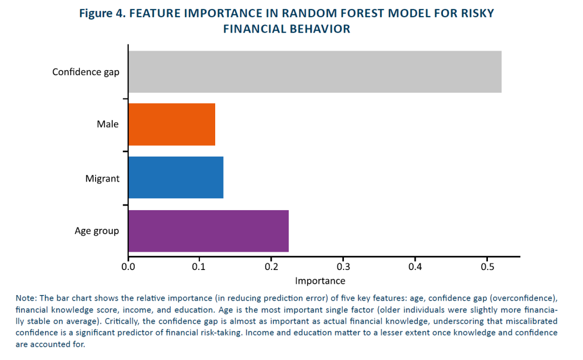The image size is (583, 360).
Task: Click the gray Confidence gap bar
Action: pyautogui.click(x=315, y=72)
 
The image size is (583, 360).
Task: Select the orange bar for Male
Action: pyautogui.click(x=172, y=124)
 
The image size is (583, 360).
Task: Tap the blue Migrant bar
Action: pyautogui.click(x=176, y=177)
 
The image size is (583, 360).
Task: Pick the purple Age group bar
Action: pyautogui.click(x=208, y=231)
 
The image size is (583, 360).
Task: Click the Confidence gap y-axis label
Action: pyautogui.click(x=86, y=72)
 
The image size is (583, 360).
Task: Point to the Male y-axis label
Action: pyautogui.click(x=108, y=124)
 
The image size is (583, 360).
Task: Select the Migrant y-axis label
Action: pyautogui.click(x=102, y=179)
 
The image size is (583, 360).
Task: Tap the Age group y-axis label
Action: pyautogui.click(x=97, y=231)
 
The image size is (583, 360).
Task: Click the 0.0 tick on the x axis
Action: pyautogui.click(x=128, y=267)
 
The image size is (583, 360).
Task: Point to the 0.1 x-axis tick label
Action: pyautogui.click(x=199, y=267)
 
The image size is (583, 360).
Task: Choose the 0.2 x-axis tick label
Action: pyautogui.click(x=272, y=267)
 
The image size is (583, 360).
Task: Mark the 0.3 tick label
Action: pyautogui.click(x=343, y=267)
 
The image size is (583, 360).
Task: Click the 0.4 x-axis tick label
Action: pyautogui.click(x=415, y=267)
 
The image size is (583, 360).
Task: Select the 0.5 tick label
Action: pyautogui.click(x=487, y=267)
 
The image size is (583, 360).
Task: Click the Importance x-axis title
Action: pyautogui.click(x=320, y=281)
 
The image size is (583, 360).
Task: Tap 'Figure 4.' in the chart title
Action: pyautogui.click(x=102, y=14)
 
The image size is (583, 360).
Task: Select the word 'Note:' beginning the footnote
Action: pyautogui.click(x=26, y=298)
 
